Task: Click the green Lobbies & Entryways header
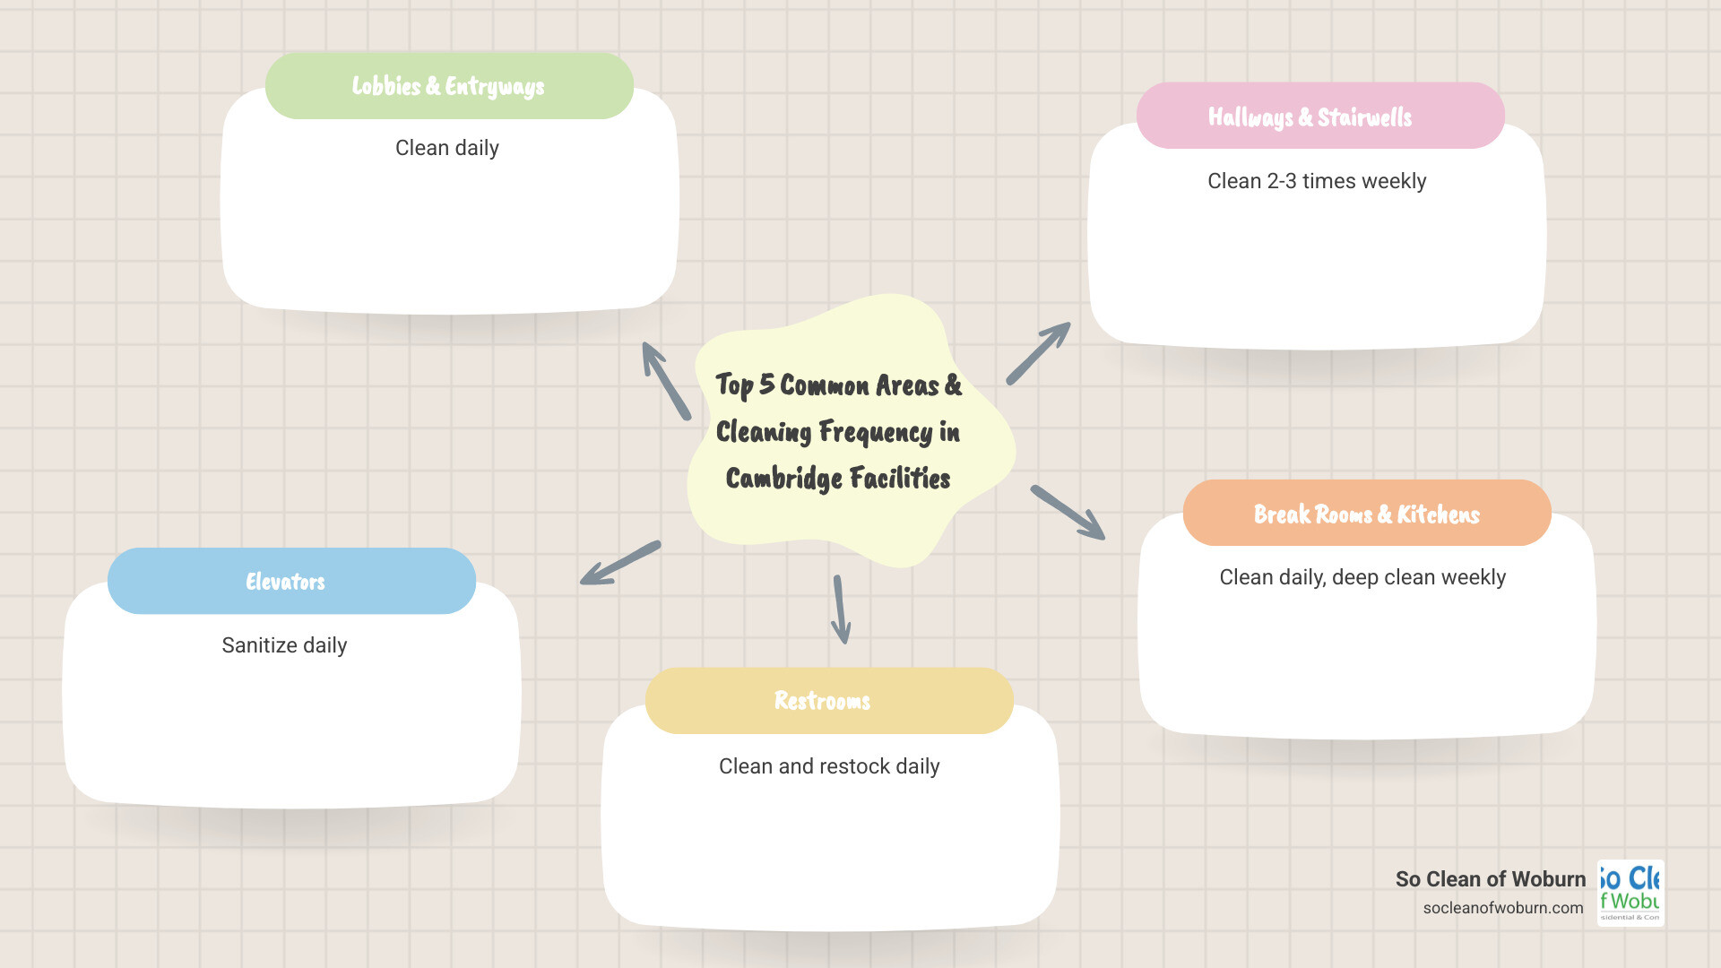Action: point(449,86)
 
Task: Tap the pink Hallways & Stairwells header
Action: point(1319,117)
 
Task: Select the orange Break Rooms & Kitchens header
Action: point(1366,514)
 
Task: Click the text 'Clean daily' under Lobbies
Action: point(446,148)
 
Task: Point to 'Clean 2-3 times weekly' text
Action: point(1316,181)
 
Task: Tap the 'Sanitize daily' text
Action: point(284,645)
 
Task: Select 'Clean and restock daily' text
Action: point(829,766)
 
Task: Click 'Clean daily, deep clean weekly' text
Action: point(1362,577)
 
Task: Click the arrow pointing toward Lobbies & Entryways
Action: point(665,380)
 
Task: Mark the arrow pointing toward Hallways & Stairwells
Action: point(1038,353)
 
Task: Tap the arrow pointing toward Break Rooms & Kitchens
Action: point(1068,513)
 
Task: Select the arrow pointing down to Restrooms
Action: point(841,610)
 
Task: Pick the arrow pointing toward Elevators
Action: point(620,563)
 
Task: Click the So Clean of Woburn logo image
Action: point(1630,893)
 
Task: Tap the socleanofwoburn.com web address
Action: point(1502,908)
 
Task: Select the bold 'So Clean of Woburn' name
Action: point(1490,879)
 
